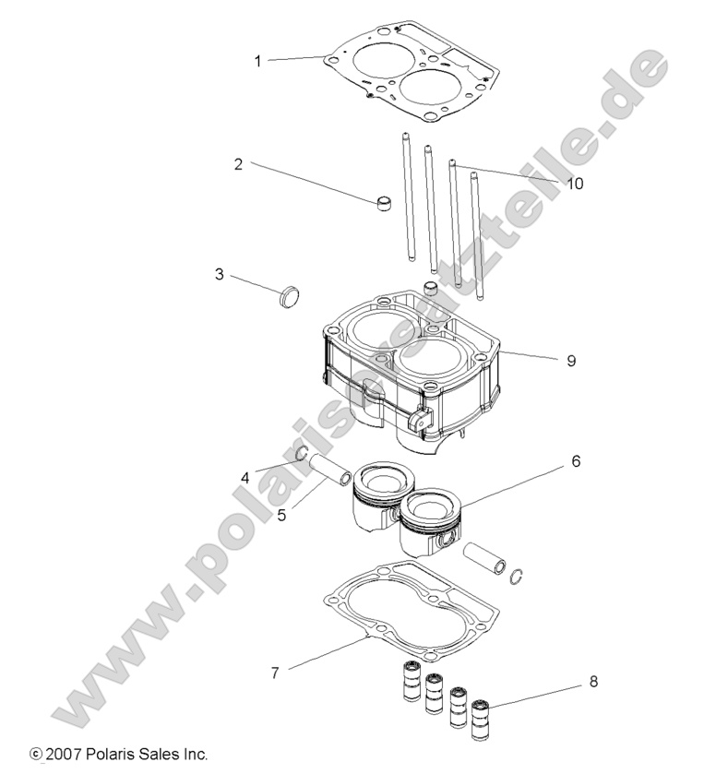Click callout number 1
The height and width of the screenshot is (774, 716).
[258, 61]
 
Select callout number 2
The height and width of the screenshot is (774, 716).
[238, 164]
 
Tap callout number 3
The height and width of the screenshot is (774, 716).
[220, 274]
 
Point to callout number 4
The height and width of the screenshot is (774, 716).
[245, 477]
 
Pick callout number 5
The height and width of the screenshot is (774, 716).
[281, 515]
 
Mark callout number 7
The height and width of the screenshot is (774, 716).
[274, 673]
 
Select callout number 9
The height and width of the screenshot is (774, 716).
[571, 361]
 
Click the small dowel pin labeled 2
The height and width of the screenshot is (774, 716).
[385, 203]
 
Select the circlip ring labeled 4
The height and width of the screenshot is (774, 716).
[301, 453]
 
